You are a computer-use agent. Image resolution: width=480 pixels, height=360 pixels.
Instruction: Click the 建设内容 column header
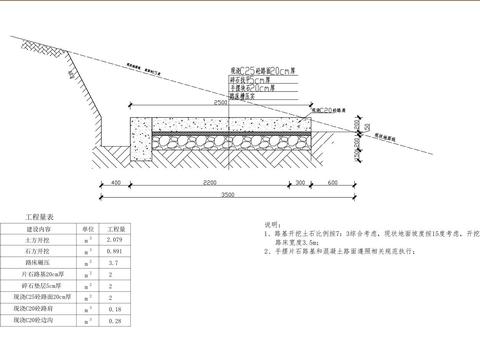pos(36,229)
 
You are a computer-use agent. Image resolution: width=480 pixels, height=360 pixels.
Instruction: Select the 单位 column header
pos(87,229)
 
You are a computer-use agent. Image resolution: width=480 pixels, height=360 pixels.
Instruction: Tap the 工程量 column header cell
pos(114,229)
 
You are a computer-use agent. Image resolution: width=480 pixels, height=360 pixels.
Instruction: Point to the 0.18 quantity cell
pos(114,311)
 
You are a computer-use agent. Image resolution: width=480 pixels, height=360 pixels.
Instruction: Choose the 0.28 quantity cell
pos(114,322)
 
